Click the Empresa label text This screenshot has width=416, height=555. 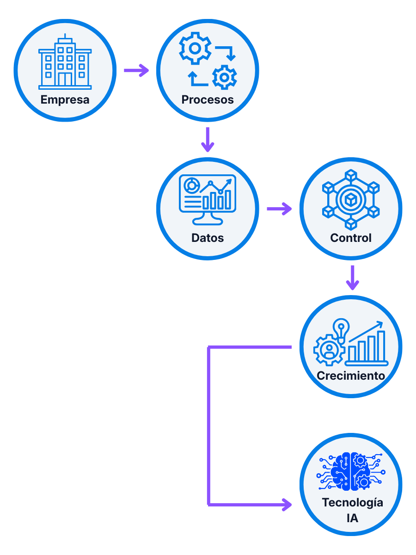65,99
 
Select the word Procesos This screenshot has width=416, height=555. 208,99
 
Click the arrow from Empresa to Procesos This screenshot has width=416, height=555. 136,70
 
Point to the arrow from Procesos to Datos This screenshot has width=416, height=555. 208,140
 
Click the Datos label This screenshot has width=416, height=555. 208,238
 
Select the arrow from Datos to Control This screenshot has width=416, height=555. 280,209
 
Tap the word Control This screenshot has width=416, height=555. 351,238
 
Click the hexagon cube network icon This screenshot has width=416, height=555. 351,199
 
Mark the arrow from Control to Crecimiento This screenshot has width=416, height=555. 352,277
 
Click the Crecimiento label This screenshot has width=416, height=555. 351,376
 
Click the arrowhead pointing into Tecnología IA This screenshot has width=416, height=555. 288,504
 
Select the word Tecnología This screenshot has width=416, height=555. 352,502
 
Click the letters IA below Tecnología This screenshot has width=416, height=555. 352,518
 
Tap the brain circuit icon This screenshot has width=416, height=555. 351,472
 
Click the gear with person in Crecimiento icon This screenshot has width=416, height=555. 329,350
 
